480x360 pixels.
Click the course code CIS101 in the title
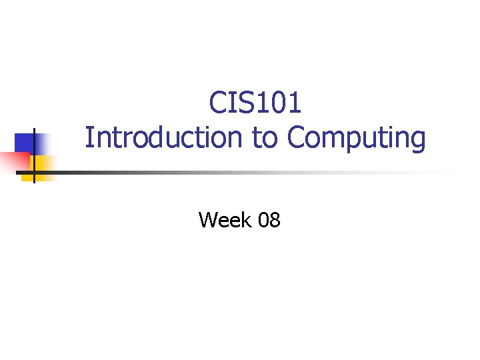[255, 103]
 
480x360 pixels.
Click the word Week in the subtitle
[223, 219]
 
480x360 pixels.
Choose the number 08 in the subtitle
[268, 219]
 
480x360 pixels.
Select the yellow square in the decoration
[43, 164]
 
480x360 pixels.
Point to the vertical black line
[34, 153]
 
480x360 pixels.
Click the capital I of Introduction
[89, 138]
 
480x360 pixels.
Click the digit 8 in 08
[274, 219]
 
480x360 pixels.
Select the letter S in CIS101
[239, 103]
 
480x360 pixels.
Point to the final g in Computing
[417, 141]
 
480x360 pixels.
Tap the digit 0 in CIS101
[277, 103]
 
